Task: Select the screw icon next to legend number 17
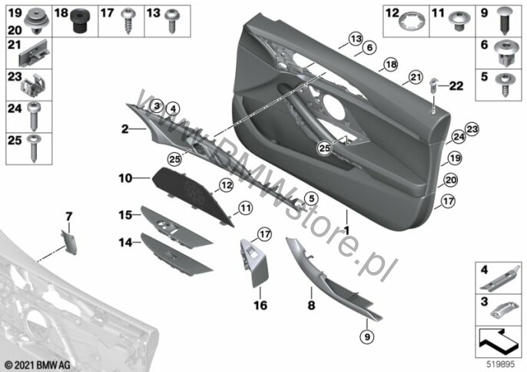click(128, 20)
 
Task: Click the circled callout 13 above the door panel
click(354, 38)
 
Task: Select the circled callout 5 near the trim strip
click(312, 198)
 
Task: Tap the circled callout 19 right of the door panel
click(455, 158)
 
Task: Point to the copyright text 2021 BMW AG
click(35, 363)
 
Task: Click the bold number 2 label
click(124, 131)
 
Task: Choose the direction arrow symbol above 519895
click(499, 338)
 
